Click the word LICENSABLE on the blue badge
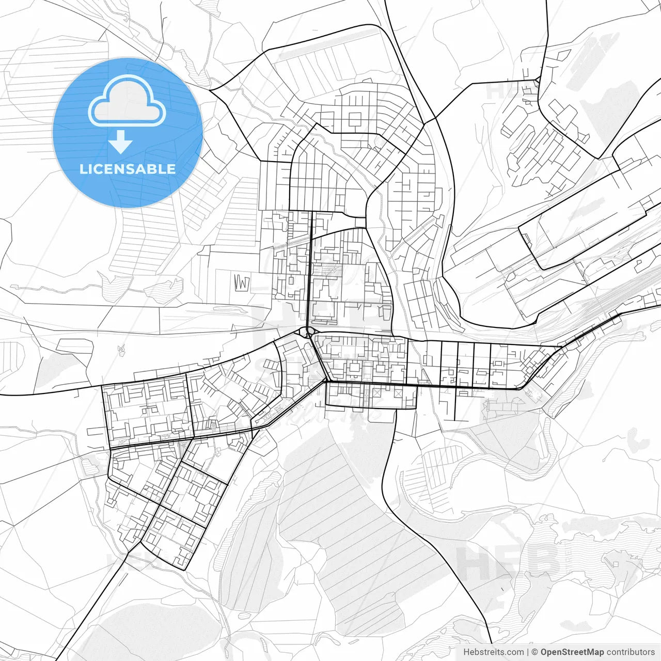pyautogui.click(x=128, y=169)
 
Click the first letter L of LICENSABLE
pyautogui.click(x=83, y=169)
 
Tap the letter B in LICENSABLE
pyautogui.click(x=154, y=169)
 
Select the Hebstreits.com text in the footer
pyautogui.click(x=493, y=652)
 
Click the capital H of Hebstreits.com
pyautogui.click(x=466, y=652)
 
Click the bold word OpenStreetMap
pyautogui.click(x=572, y=652)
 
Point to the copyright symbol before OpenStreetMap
pyautogui.click(x=535, y=652)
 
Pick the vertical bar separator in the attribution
pyautogui.click(x=528, y=652)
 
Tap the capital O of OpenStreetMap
pyautogui.click(x=544, y=652)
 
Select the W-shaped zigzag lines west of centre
pyautogui.click(x=242, y=282)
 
